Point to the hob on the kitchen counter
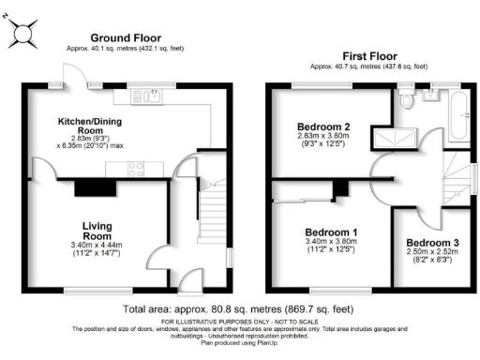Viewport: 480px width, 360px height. click(134, 170)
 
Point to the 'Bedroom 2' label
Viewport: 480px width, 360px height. click(323, 127)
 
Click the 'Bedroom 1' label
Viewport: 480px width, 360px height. click(331, 232)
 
